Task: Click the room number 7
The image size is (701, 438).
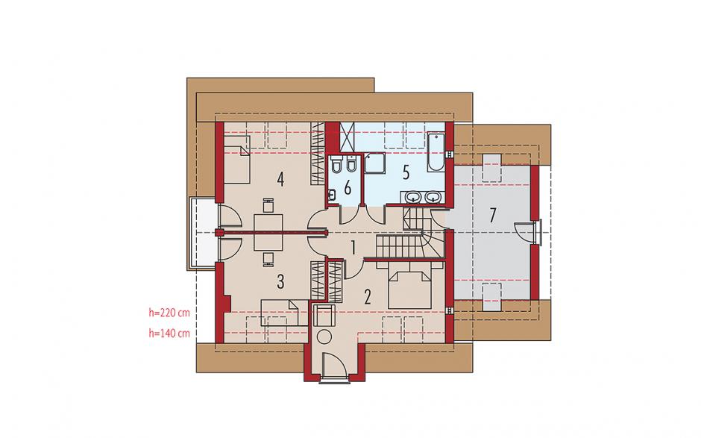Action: point(492,215)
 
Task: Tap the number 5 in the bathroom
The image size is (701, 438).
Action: point(406,172)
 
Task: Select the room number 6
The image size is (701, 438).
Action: point(348,188)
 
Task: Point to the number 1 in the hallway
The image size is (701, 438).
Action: point(353,248)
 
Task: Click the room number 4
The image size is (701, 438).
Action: point(280,179)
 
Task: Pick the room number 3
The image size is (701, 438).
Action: point(280,281)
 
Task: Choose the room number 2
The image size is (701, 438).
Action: point(368,296)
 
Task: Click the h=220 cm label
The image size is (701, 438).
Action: point(169,313)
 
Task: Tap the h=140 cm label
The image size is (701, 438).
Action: point(169,334)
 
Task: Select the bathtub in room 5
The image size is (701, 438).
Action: point(436,151)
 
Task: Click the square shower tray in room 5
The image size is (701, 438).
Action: point(374,163)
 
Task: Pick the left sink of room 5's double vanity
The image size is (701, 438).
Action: point(414,196)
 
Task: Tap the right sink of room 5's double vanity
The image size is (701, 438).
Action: point(433,196)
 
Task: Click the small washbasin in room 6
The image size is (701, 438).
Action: point(332,195)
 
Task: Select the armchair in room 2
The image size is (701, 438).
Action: point(323,315)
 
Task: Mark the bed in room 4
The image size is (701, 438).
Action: point(236,160)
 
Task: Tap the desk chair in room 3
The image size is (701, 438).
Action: point(268,259)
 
